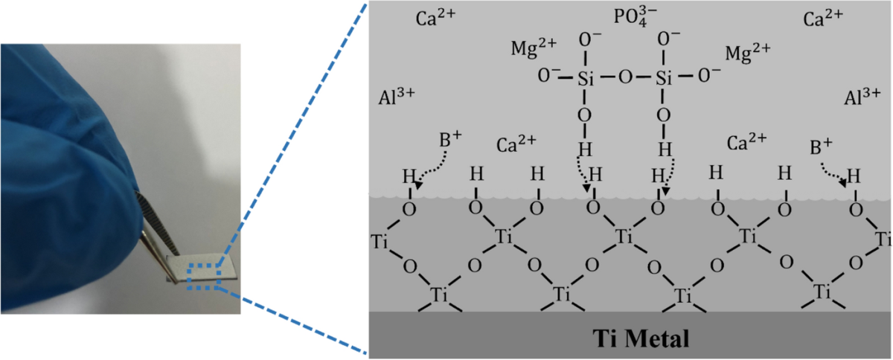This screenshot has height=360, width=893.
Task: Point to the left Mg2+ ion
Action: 533,49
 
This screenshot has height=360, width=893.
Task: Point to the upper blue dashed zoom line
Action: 298,134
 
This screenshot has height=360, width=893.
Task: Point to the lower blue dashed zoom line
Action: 298,322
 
